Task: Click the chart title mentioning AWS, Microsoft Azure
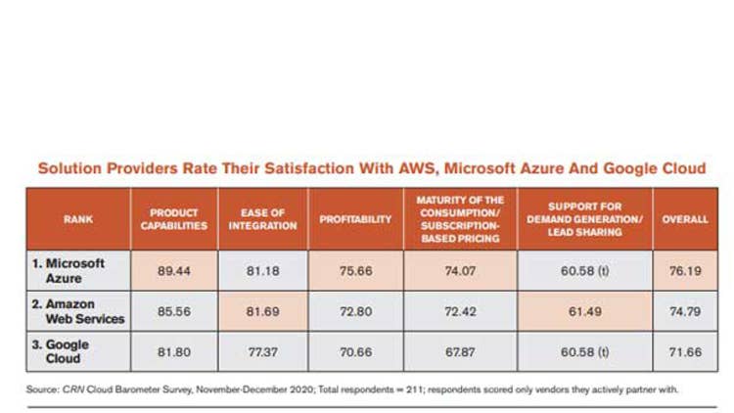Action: [371, 168]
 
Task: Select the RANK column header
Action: [77, 220]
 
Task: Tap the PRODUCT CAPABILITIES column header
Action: [174, 220]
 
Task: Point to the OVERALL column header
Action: [685, 220]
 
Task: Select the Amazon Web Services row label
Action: [85, 312]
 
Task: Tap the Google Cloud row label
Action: [69, 351]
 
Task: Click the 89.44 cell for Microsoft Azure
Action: [174, 271]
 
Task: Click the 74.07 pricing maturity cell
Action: [459, 271]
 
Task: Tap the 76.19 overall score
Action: [685, 271]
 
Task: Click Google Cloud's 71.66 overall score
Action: [685, 351]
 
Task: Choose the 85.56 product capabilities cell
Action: [174, 312]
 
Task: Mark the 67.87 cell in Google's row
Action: [459, 351]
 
